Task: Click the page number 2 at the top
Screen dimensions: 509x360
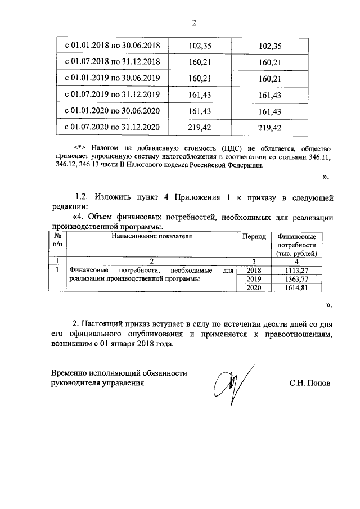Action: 195,23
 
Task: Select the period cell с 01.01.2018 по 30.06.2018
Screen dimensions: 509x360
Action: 113,44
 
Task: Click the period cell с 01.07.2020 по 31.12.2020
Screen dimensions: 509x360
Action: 113,128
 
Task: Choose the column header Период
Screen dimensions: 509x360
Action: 254,237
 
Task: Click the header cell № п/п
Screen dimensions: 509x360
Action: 56,241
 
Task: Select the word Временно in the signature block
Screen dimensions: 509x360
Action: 71,373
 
